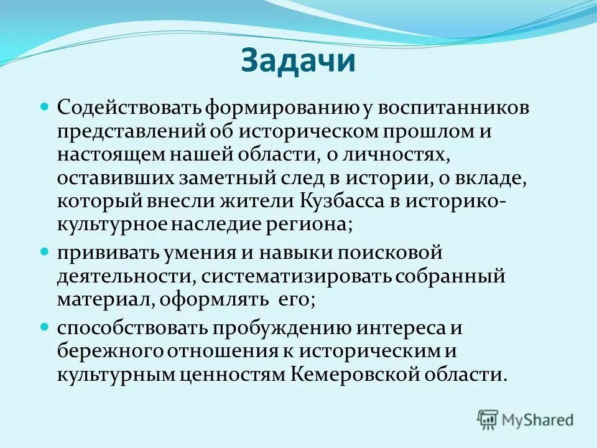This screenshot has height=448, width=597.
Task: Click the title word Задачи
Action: [x=298, y=62]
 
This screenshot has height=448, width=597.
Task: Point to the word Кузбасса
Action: [x=351, y=201]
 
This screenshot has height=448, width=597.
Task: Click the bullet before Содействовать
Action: [x=44, y=107]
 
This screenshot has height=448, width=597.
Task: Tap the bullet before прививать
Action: [x=44, y=252]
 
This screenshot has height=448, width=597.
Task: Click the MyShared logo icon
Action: [x=488, y=419]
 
